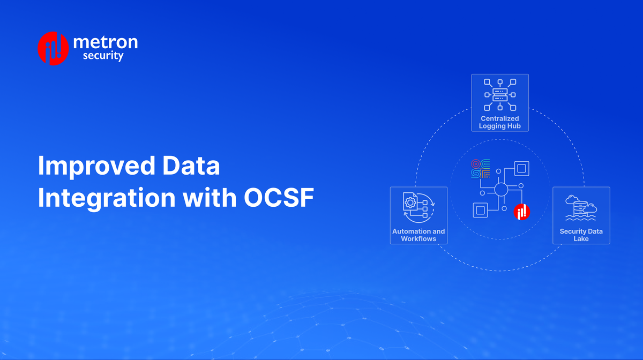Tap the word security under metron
pos(103,56)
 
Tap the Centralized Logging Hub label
pos(500,122)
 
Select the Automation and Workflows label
pos(418,235)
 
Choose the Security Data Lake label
pos(581,235)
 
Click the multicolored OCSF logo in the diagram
pos(480,168)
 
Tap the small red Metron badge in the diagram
pos(521,213)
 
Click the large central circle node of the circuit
pos(501,189)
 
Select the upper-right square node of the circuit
pos(521,168)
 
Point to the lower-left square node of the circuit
pos(481,210)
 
